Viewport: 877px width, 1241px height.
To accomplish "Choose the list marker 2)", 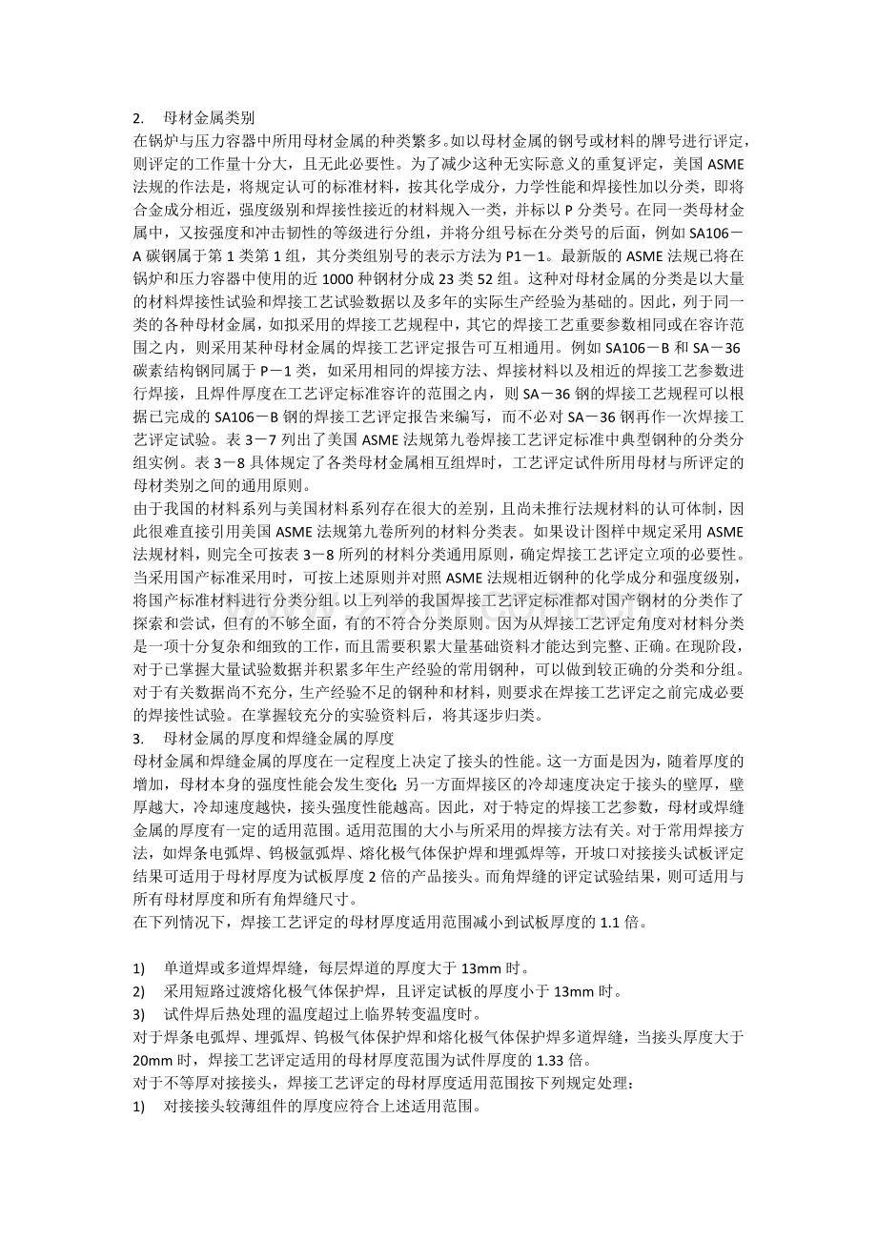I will pyautogui.click(x=139, y=990).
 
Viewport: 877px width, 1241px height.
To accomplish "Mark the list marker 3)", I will pyautogui.click(x=139, y=1013).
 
